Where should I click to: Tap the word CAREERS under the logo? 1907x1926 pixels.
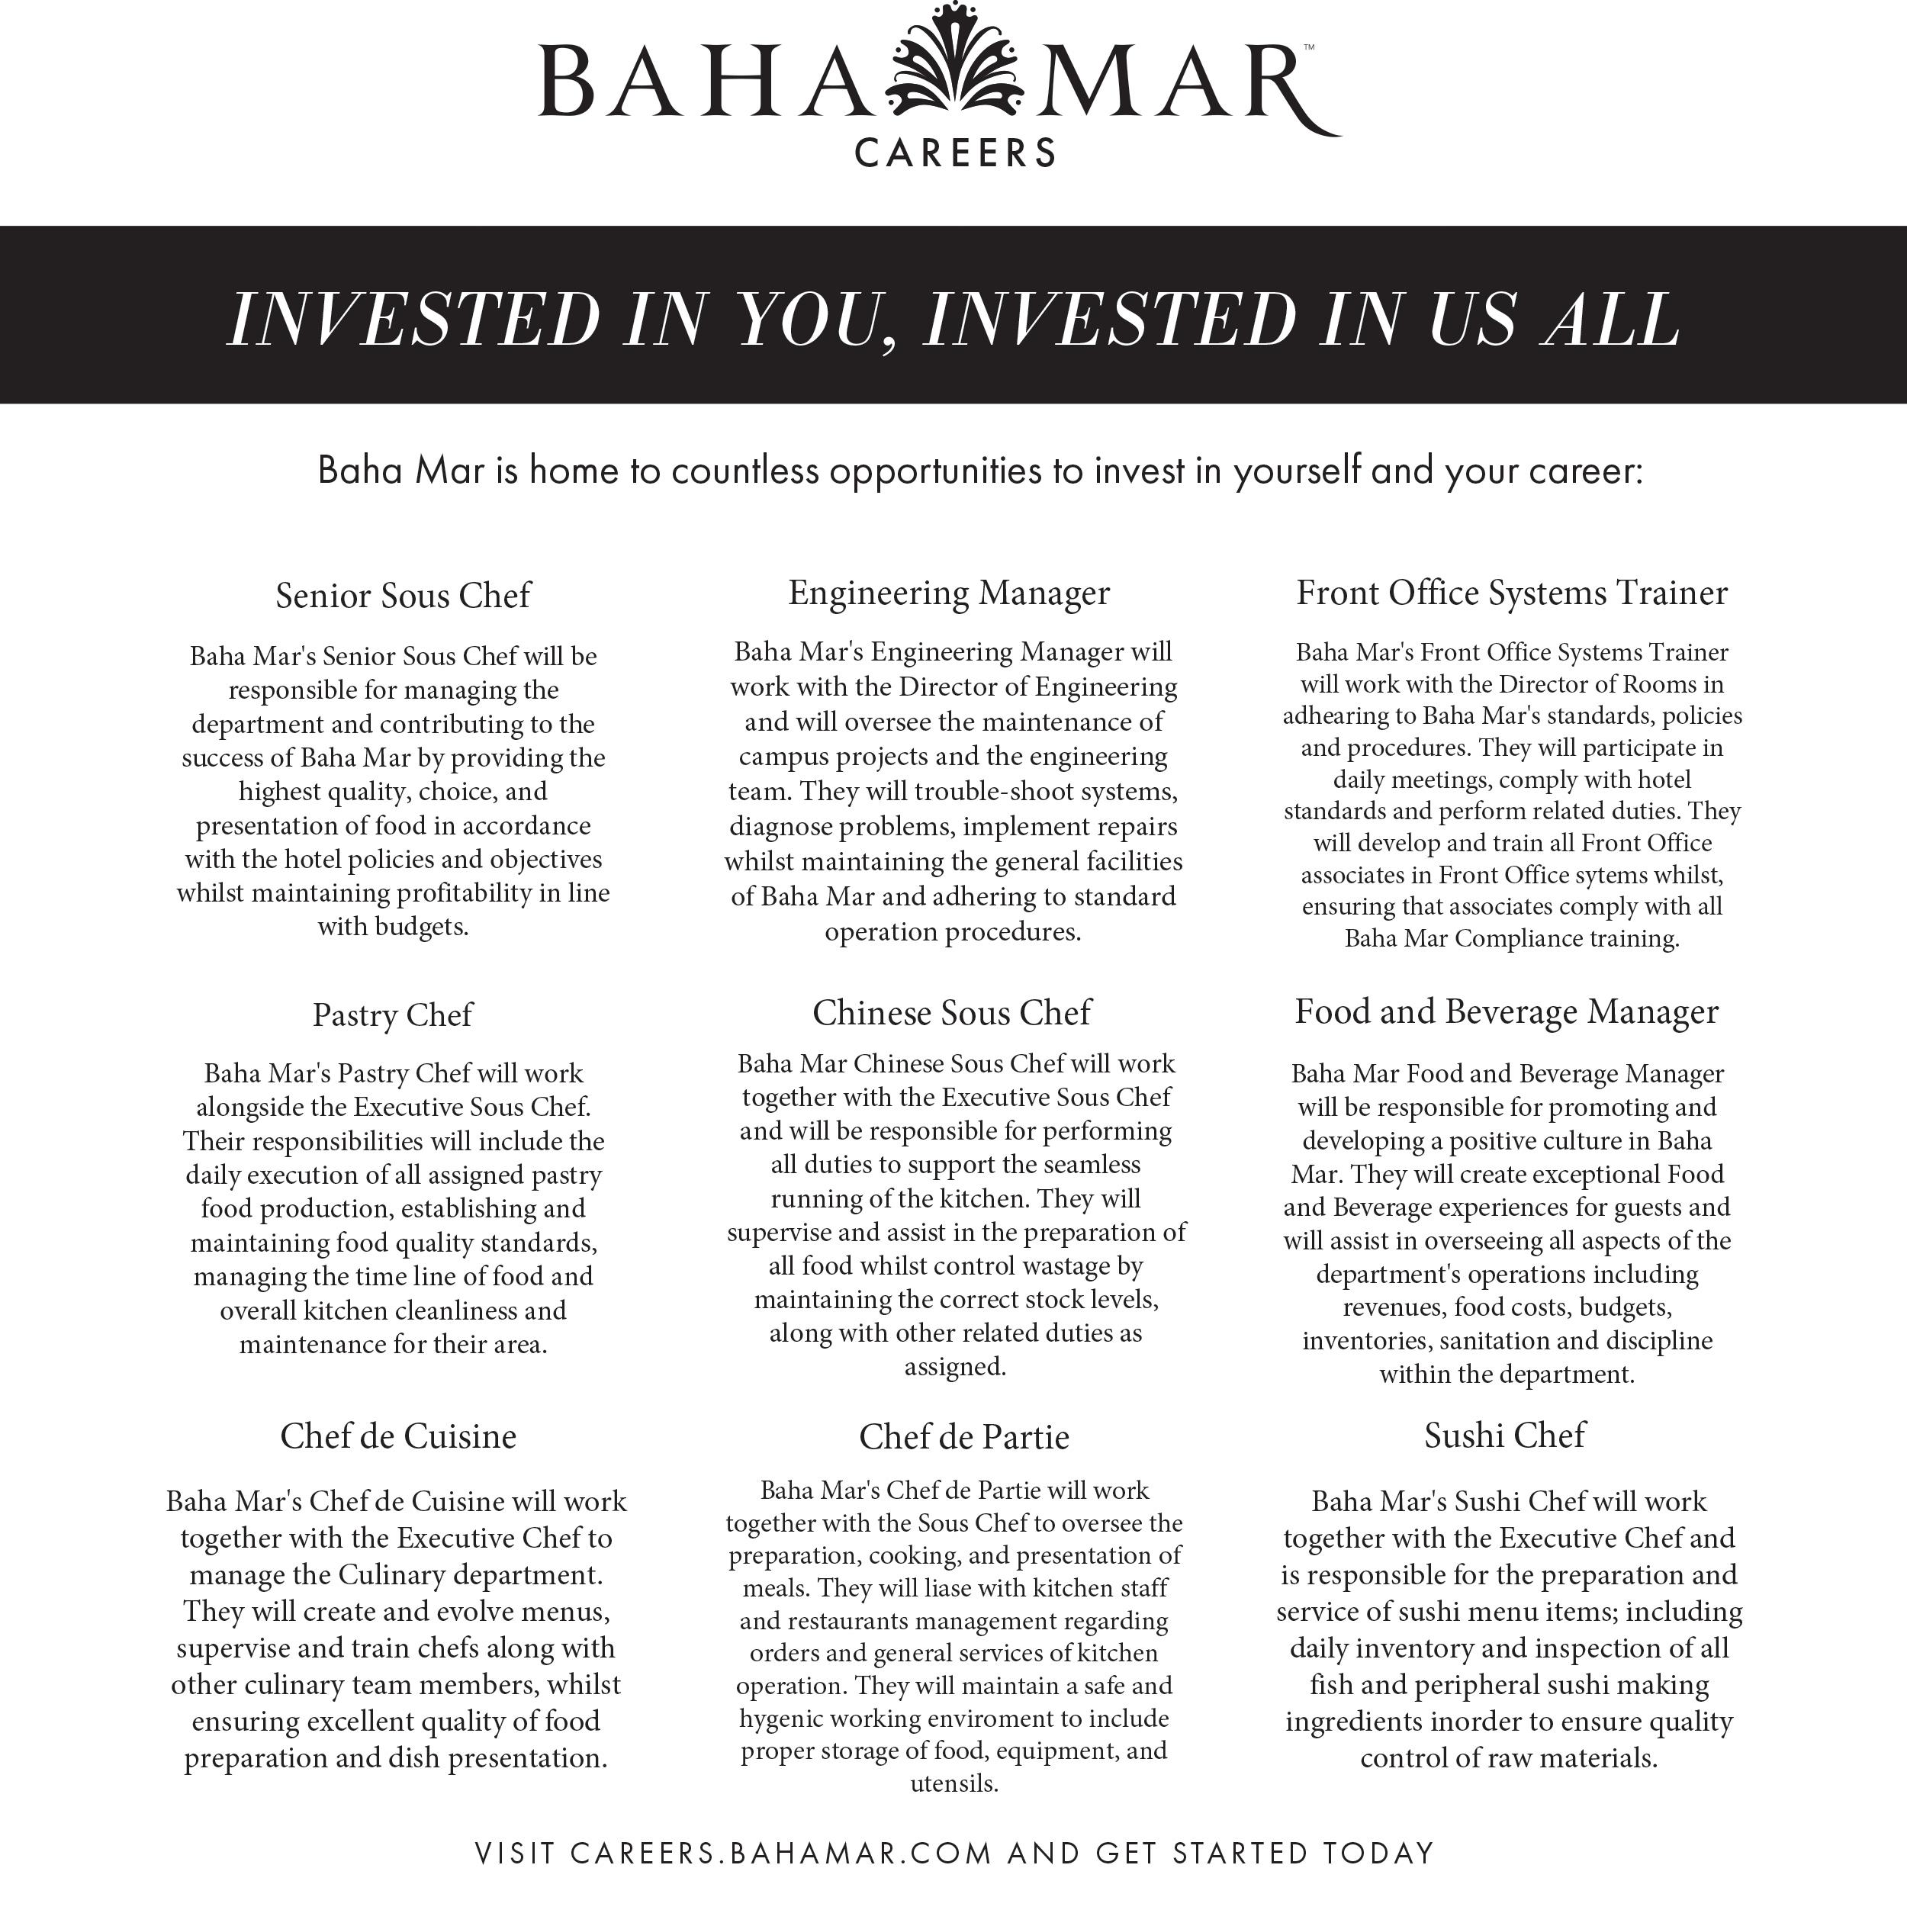click(x=955, y=153)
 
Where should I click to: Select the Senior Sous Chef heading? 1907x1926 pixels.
click(x=403, y=595)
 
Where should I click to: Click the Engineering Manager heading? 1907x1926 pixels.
click(x=949, y=592)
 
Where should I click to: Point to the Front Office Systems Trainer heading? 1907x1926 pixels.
click(x=1511, y=592)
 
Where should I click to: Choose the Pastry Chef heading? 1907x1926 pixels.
click(x=392, y=1014)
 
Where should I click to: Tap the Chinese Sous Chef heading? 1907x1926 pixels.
click(x=951, y=1013)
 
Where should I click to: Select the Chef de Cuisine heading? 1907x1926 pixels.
click(x=397, y=1436)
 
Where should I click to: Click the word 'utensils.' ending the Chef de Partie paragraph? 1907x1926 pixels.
click(x=954, y=1783)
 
